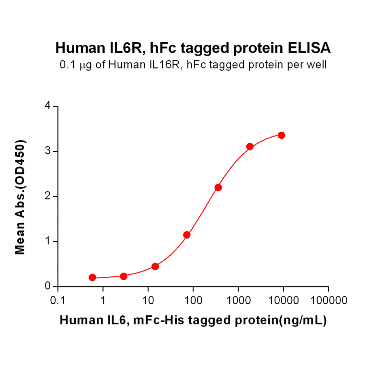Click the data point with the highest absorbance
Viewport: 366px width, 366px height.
click(281, 135)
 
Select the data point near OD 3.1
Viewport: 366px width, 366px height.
click(250, 147)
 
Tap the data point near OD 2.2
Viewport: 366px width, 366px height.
click(218, 187)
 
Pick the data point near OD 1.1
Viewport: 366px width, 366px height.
click(187, 235)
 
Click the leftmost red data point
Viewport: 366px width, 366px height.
click(92, 277)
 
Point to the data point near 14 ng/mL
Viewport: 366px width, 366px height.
click(155, 266)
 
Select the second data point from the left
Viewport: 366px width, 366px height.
click(124, 276)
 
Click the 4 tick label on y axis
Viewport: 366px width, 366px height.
click(47, 106)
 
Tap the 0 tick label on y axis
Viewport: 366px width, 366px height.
click(47, 286)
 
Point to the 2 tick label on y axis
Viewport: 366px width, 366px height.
click(47, 196)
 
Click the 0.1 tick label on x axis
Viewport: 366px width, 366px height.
click(57, 301)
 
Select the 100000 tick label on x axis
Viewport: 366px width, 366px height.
click(328, 301)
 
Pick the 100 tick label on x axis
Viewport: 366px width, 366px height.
click(193, 301)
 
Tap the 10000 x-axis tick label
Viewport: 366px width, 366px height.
click(283, 301)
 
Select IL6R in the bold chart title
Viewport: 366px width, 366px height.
click(128, 48)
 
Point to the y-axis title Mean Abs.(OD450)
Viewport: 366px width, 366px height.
click(20, 197)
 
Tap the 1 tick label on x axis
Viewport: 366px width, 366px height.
click(103, 301)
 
